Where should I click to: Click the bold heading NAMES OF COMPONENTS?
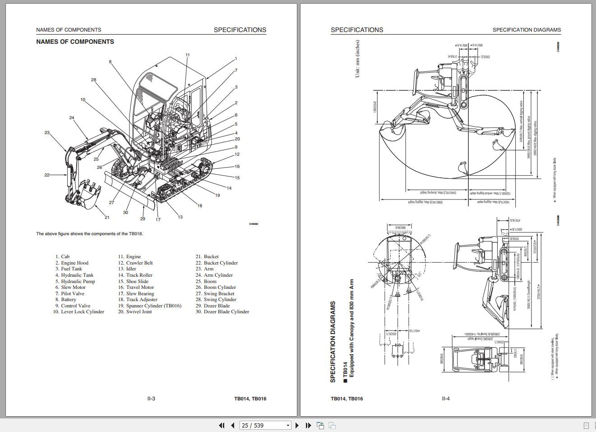point(75,42)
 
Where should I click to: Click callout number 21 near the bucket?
point(107,218)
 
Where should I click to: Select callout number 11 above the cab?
point(188,55)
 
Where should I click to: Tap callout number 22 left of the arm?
point(46,175)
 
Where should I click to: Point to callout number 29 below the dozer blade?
point(143,218)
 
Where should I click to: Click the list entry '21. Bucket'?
point(207,256)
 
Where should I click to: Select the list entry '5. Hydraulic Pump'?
point(75,281)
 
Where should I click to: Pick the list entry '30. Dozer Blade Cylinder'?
point(222,311)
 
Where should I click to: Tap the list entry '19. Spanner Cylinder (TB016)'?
point(150,306)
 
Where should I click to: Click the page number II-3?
point(151,399)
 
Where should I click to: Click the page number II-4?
point(446,399)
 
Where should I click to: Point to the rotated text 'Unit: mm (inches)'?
point(357,59)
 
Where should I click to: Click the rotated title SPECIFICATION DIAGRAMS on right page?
point(333,342)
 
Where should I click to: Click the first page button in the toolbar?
point(222,425)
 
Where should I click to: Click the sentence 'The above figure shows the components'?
point(89,234)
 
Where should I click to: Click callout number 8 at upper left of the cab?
point(110,62)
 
